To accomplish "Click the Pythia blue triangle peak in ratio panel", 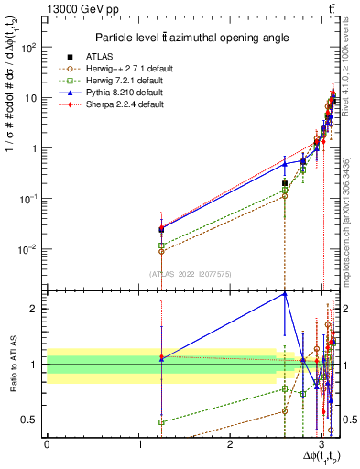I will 285,293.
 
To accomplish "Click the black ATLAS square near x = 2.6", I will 285,183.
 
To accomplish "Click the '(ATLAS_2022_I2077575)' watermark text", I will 190,273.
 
